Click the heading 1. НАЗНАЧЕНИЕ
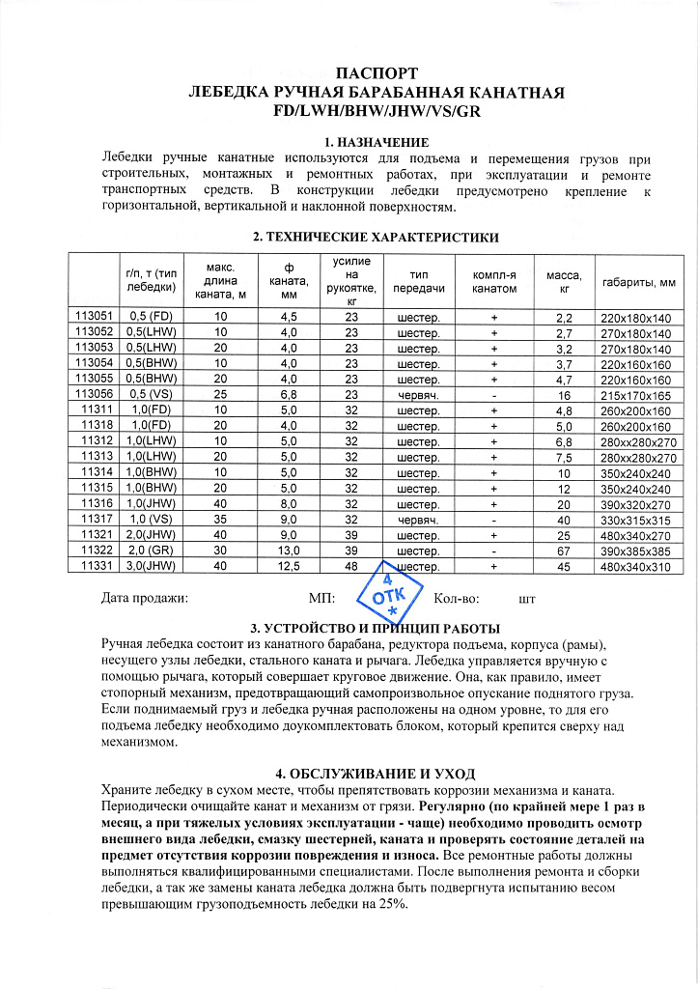pyautogui.click(x=349, y=143)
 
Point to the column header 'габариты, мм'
pyautogui.click(x=638, y=282)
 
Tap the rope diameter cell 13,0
pyautogui.click(x=288, y=551)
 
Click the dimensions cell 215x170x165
pyautogui.click(x=635, y=395)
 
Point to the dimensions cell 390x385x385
pyautogui.click(x=635, y=551)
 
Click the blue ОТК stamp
pyautogui.click(x=389, y=598)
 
